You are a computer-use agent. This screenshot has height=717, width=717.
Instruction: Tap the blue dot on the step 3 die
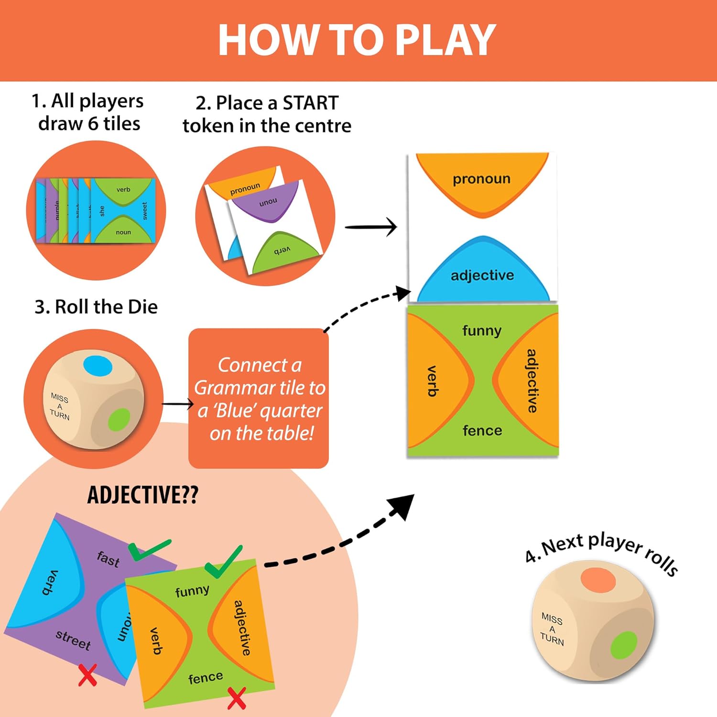98,367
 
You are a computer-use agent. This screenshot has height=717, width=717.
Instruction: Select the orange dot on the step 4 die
598,580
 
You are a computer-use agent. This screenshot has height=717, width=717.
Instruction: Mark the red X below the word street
87,675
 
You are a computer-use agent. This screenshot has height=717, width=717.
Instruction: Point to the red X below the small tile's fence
236,698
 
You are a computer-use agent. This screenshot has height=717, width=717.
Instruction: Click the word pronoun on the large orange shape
481,179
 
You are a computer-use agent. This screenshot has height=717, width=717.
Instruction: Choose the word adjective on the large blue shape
482,275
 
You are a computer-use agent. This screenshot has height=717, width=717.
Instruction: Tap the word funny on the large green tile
482,330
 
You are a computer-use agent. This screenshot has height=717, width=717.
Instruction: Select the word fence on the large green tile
482,431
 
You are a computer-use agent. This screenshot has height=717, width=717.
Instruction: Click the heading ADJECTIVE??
142,495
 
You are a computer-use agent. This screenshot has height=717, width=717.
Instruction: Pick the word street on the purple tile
73,640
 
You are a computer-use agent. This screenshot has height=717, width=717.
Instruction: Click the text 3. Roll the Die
96,307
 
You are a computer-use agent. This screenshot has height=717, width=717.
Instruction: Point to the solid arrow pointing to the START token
371,227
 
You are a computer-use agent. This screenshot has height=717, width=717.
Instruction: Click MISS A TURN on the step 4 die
552,629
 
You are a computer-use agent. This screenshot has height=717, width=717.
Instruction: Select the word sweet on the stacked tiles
145,211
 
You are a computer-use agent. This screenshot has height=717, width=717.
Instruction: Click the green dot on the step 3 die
119,420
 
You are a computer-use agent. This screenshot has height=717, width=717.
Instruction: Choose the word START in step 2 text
310,103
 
